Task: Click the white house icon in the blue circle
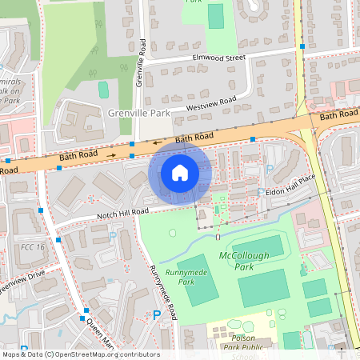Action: pos(180,172)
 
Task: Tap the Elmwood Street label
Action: pos(218,58)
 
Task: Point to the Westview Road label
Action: pos(211,103)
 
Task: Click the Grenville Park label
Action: pos(139,114)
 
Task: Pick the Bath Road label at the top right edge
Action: pos(339,116)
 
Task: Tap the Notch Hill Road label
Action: pos(118,212)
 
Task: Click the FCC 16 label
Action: pos(33,248)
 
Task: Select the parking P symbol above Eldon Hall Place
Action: pos(269,170)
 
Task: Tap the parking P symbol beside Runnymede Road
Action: pos(156,315)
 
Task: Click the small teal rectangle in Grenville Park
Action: pos(103,90)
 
